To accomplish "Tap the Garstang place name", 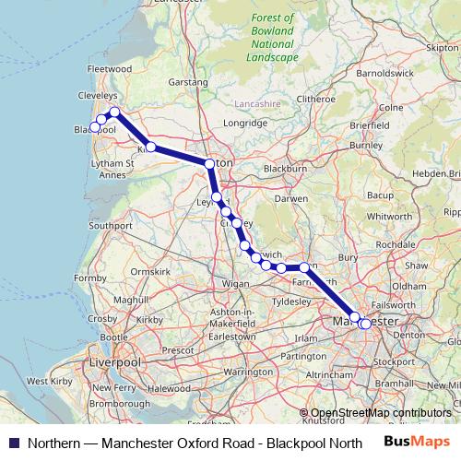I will [x=188, y=82].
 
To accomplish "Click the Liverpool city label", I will [x=114, y=364].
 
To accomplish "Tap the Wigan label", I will [x=236, y=284].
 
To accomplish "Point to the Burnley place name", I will [x=365, y=145].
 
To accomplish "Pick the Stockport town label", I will [x=395, y=361].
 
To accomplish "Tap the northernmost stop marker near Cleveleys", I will [x=115, y=112].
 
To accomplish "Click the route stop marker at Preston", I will [x=210, y=164].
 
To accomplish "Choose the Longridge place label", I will [x=244, y=122].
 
